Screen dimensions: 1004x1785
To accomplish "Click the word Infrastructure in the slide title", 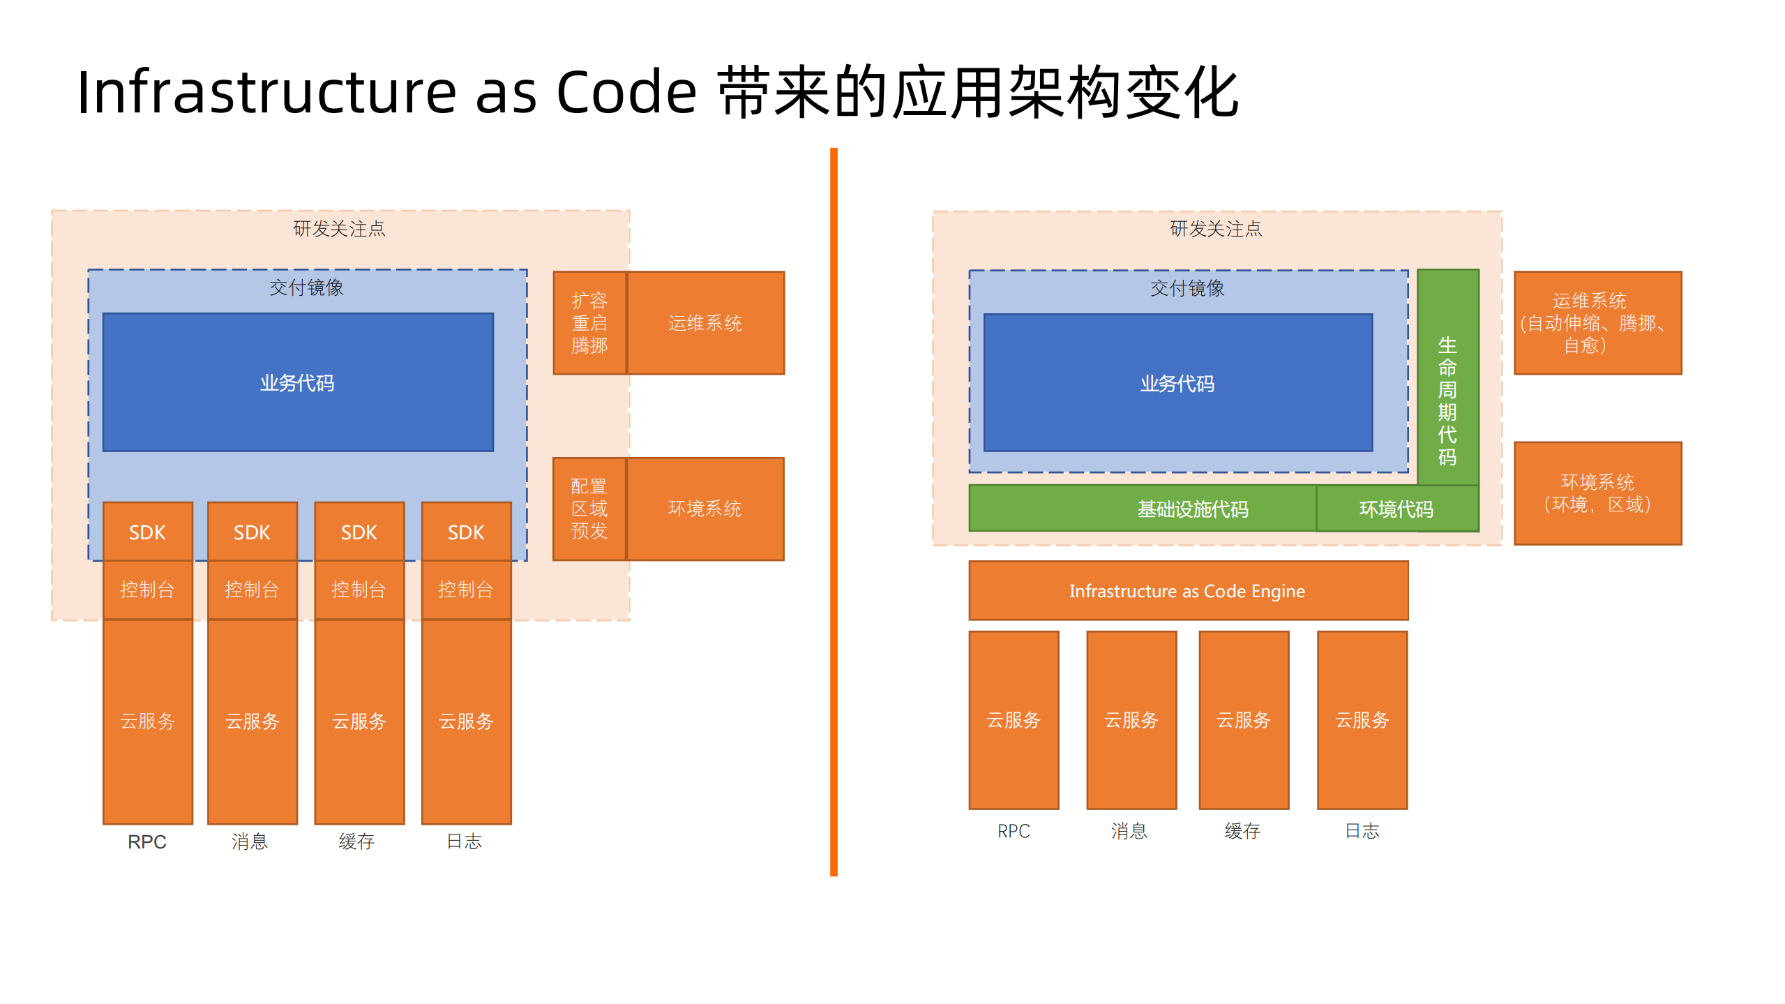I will [266, 93].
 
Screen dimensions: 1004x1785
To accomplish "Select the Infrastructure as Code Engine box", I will [1187, 590].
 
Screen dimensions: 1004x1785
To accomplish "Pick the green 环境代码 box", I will [1396, 509].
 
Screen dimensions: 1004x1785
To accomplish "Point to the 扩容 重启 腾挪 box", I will [589, 323].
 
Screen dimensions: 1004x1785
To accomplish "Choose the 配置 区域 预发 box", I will [589, 509].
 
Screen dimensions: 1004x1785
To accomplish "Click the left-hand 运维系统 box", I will [705, 323].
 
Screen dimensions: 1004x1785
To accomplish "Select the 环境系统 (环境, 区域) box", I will [1597, 493].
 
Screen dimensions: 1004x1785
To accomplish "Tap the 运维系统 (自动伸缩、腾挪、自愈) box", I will [1597, 323].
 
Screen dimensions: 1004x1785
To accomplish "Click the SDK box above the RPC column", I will [147, 532].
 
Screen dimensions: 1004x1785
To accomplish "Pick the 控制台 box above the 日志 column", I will [466, 590].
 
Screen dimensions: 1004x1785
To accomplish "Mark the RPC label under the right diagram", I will [1013, 831].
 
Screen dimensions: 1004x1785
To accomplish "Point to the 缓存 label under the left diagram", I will [357, 841].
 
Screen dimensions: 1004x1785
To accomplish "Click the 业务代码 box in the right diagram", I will [1177, 383].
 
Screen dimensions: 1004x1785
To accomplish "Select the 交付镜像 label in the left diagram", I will [306, 287].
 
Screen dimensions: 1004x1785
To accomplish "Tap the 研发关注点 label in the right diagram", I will [1216, 229].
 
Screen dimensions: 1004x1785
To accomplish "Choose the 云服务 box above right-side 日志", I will [1362, 719].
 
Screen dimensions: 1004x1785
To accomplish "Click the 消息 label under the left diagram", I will [250, 841].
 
